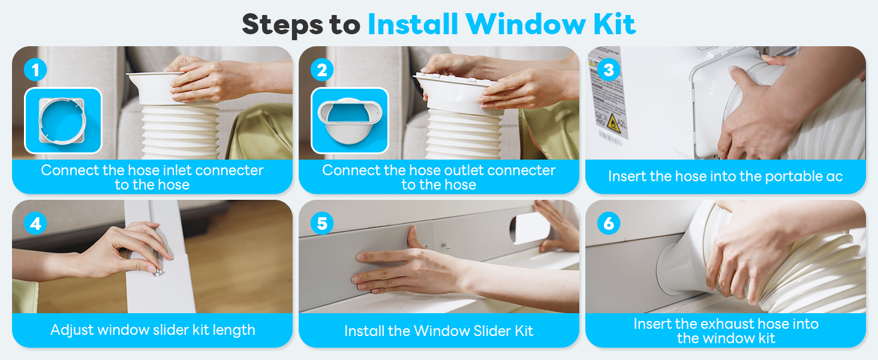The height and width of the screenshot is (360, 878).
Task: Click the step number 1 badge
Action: [x=35, y=70]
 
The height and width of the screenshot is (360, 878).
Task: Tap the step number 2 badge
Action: [x=322, y=70]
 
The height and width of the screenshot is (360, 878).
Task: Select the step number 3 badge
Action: [x=609, y=70]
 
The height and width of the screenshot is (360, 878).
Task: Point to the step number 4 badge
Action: [x=35, y=224]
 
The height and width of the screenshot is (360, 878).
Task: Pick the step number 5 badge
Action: [x=322, y=224]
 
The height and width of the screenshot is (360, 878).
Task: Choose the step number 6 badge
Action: [x=609, y=224]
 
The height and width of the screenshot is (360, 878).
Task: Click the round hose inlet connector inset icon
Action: [x=63, y=121]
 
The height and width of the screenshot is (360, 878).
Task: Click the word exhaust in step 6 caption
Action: [x=717, y=325]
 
